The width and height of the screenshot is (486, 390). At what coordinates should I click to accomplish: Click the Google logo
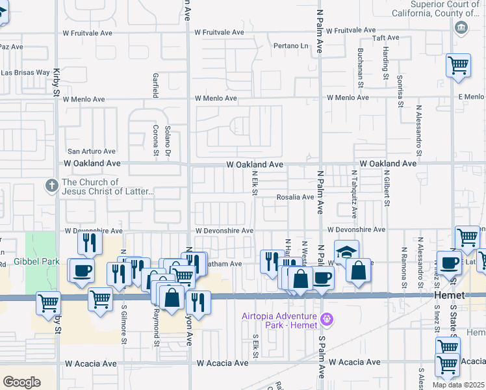click(21, 382)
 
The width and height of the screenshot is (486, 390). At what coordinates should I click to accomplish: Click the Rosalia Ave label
click(296, 197)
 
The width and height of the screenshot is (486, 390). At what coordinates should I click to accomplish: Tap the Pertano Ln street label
click(290, 46)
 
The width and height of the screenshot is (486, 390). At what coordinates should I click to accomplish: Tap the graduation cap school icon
click(346, 252)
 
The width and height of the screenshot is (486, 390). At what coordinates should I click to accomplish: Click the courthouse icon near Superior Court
click(461, 27)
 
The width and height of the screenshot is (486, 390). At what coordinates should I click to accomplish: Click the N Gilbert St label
click(386, 189)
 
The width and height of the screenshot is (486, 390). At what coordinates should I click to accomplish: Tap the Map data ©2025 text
click(458, 385)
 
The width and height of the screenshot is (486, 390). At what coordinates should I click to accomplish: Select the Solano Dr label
click(167, 140)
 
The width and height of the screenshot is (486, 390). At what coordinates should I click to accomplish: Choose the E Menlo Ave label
click(470, 97)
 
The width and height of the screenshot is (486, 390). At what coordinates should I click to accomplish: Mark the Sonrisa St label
click(401, 83)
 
